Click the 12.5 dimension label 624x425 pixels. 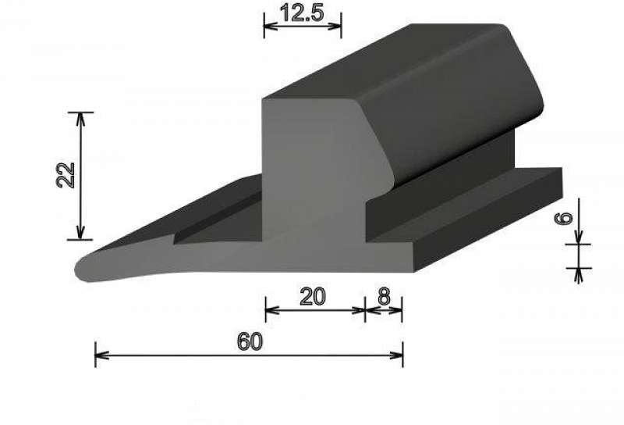pos(302,13)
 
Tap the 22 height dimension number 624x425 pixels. pos(66,175)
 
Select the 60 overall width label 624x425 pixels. pos(250,341)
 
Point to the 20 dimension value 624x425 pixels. pos(313,297)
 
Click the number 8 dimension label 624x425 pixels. pos(384,297)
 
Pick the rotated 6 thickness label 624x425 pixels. pos(564,219)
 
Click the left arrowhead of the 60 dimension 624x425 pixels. pos(102,355)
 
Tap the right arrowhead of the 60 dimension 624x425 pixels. pos(396,355)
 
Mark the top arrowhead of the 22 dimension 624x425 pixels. pos(81,120)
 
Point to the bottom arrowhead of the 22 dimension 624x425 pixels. pos(81,233)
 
